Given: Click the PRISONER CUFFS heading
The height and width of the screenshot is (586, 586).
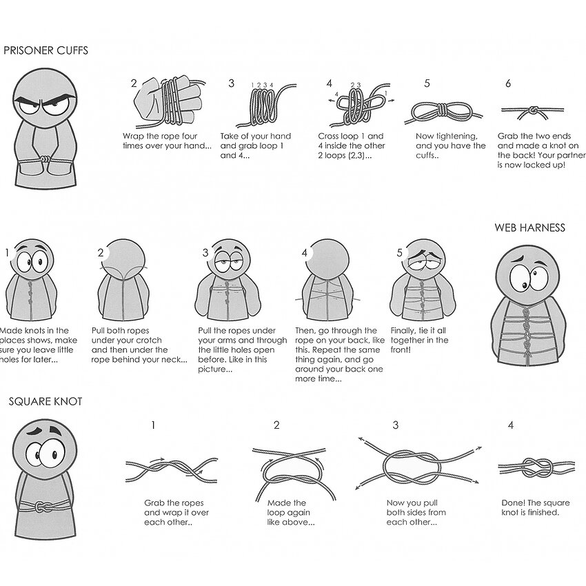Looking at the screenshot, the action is tap(46, 50).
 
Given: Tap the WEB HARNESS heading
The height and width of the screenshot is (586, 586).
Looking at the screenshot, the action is tap(529, 228).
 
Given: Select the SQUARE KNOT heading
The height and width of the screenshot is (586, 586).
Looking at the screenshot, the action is tap(46, 401).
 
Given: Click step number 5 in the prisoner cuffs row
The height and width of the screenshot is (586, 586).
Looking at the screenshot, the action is tap(427, 83).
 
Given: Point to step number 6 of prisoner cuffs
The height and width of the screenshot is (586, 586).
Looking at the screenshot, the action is tap(508, 83).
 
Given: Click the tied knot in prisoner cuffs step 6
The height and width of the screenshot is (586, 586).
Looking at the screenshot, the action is tap(534, 110).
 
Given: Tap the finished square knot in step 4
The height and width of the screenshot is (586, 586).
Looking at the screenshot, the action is tap(536, 467).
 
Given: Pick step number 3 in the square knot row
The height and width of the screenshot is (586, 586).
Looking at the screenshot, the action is tap(396, 425).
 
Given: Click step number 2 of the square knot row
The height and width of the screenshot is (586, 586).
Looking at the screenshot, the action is tap(276, 425).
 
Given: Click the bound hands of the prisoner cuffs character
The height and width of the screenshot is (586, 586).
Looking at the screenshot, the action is tap(45, 160).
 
